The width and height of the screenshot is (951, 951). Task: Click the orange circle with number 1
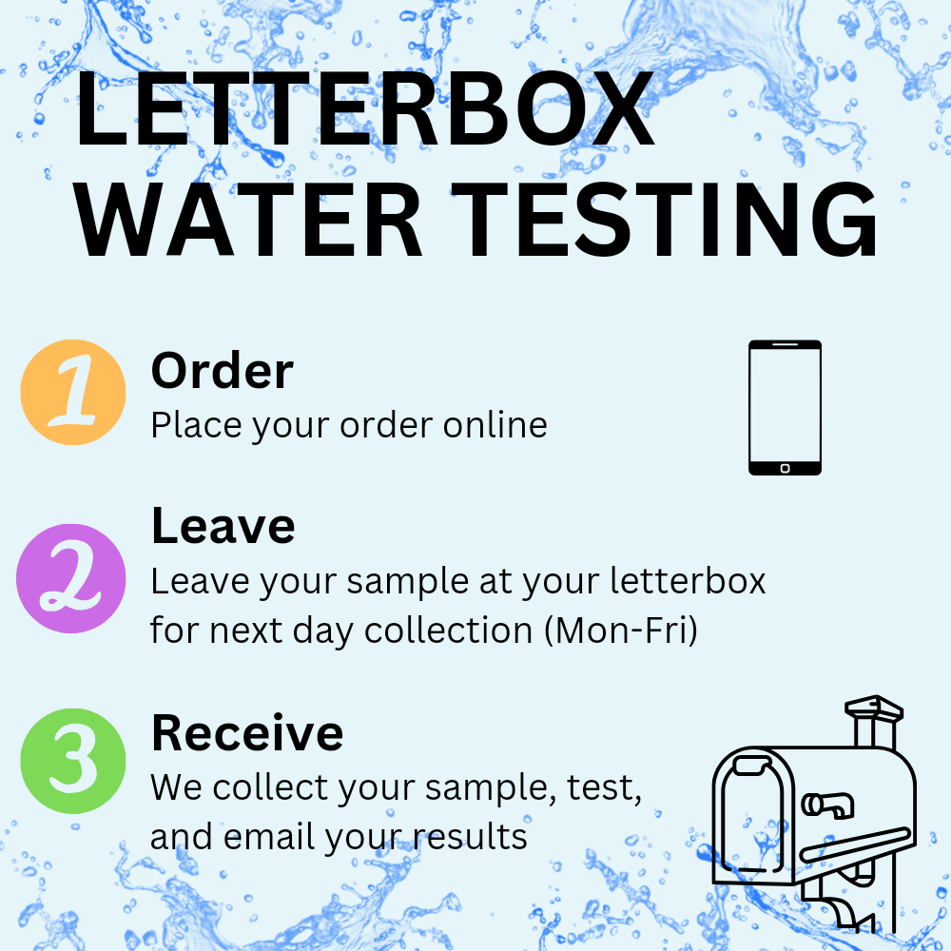tap(73, 392)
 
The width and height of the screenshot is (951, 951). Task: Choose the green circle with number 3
tap(72, 764)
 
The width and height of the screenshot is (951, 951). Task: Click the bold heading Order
tap(222, 371)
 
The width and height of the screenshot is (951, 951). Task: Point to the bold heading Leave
tap(223, 526)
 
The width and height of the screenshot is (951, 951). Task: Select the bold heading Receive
tap(247, 732)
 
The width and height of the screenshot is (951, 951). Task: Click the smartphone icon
tap(785, 407)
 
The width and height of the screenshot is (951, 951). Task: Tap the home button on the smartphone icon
tap(785, 468)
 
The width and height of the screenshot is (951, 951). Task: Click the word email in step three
tap(270, 837)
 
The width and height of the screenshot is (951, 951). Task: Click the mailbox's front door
tap(747, 818)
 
